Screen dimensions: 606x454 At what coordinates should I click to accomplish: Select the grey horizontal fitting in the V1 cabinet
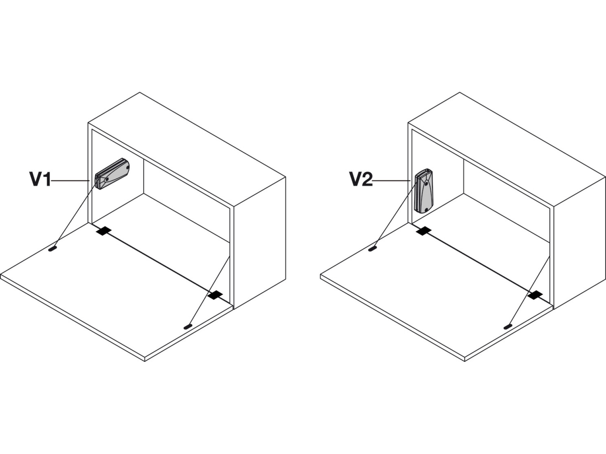coord(112,174)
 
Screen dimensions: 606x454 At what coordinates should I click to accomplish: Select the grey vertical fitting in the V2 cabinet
coord(424,191)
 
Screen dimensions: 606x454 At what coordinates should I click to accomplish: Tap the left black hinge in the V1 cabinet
coord(104,231)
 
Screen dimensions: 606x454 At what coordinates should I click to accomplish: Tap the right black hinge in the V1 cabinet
coord(215,295)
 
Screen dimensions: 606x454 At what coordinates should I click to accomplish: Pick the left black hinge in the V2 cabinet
coord(424,231)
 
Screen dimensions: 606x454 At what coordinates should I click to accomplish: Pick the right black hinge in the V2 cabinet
coord(535,295)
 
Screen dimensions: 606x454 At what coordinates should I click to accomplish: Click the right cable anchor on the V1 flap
coord(188,327)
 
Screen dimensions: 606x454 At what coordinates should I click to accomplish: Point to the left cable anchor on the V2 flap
coord(372,249)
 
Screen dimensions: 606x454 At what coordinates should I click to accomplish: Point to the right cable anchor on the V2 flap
coord(507,327)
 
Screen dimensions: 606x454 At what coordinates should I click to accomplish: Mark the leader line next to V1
coord(70,181)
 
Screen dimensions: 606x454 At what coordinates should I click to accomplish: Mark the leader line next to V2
coord(391,181)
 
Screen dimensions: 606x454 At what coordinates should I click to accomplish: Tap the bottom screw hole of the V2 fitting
coord(426,210)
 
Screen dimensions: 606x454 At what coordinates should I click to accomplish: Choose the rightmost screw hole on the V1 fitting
coord(127,166)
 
